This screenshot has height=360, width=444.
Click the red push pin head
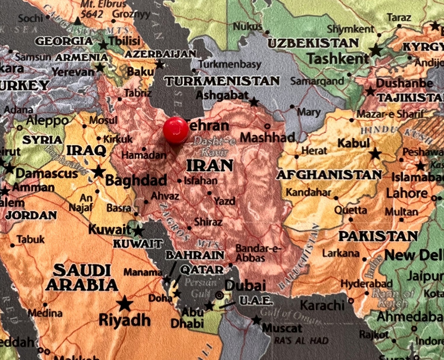(176, 130)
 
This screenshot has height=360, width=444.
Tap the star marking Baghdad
(98, 171)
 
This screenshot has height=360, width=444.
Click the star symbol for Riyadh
(125, 304)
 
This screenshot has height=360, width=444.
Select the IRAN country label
(210, 166)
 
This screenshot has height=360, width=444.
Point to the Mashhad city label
(268, 137)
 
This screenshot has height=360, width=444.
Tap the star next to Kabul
(375, 153)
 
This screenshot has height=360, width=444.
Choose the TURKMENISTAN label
(222, 81)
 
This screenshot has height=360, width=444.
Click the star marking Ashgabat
(254, 102)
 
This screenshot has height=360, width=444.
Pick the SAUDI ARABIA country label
(82, 278)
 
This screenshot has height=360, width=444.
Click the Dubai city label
(245, 285)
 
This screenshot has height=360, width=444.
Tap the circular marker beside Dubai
(219, 295)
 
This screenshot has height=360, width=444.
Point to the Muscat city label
(282, 328)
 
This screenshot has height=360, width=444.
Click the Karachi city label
(322, 305)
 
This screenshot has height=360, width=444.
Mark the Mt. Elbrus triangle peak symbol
(77, 21)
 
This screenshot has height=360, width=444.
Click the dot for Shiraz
(189, 228)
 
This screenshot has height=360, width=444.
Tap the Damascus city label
(47, 173)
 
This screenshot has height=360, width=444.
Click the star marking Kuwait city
(138, 231)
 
